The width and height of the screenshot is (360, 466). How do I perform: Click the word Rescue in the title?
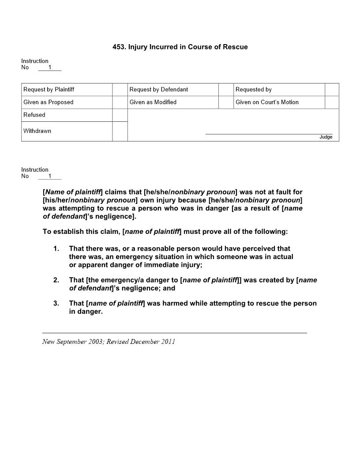236,47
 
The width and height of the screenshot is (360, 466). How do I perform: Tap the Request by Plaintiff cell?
49,90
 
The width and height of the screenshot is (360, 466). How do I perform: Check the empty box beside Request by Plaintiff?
120,90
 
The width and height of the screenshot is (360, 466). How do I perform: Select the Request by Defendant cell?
159,90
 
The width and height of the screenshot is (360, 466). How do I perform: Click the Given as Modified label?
153,102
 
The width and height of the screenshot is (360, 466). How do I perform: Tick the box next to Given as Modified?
225,102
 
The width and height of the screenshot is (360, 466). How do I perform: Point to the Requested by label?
254,90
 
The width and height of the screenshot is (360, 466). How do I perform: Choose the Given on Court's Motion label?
267,102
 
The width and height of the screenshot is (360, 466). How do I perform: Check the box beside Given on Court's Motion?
332,102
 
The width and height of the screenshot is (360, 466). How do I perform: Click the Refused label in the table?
34,115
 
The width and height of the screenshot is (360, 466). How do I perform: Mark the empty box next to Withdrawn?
120,131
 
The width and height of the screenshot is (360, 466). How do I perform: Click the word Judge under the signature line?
326,137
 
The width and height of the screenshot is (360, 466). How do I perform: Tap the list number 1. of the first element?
56,249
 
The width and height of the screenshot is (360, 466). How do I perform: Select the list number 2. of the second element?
56,280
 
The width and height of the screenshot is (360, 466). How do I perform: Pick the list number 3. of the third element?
56,304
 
